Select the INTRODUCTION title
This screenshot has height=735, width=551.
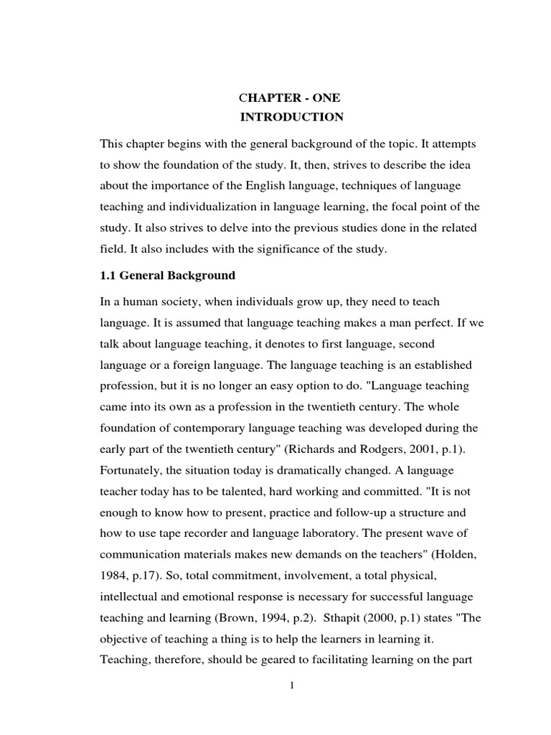point(291,117)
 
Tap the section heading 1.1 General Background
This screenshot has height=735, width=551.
point(168,276)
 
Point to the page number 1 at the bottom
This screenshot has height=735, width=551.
point(292,685)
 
